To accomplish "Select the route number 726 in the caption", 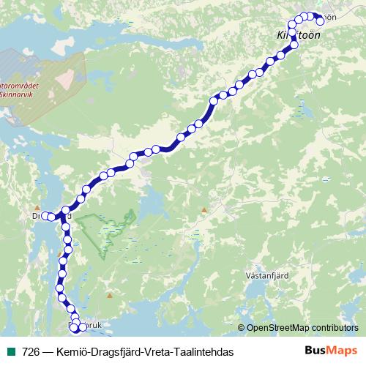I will click(31, 352).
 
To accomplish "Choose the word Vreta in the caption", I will click(153, 352).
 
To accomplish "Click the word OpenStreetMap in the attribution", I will click(280, 327).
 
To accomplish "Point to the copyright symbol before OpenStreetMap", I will click(242, 327).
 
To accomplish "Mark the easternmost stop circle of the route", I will click(320, 20).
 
